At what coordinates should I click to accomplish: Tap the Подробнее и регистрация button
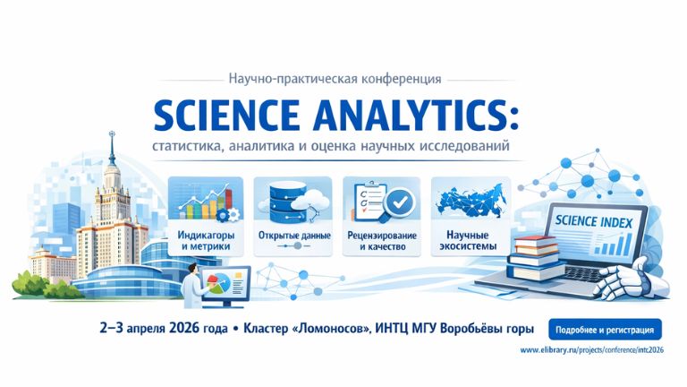(604, 328)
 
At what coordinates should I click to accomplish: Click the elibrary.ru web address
(590, 349)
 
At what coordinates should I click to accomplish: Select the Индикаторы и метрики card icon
(205, 202)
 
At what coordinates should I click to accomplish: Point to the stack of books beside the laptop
(534, 254)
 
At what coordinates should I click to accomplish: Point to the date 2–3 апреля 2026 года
(165, 329)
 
